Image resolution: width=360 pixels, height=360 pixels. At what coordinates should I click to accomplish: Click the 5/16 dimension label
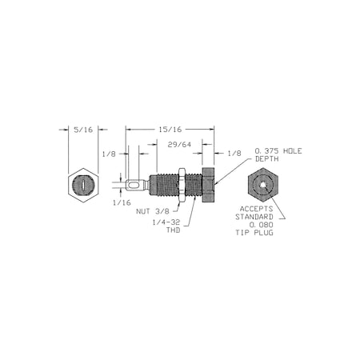[83, 130]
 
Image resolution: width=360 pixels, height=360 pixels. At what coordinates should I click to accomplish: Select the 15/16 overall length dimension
[170, 130]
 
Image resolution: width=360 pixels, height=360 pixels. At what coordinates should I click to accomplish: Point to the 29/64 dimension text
[179, 145]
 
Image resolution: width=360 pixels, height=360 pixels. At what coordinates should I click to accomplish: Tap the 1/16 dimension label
[122, 203]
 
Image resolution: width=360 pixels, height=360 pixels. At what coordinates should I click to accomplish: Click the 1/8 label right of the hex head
[234, 154]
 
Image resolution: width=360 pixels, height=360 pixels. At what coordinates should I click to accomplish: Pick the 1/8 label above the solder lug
[109, 154]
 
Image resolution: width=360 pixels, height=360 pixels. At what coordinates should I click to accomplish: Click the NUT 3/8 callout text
[153, 211]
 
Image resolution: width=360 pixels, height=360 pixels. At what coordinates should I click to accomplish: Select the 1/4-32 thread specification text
[166, 222]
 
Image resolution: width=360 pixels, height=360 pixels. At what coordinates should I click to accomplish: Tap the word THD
[174, 230]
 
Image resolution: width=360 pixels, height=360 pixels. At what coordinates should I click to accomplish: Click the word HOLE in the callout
[292, 151]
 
